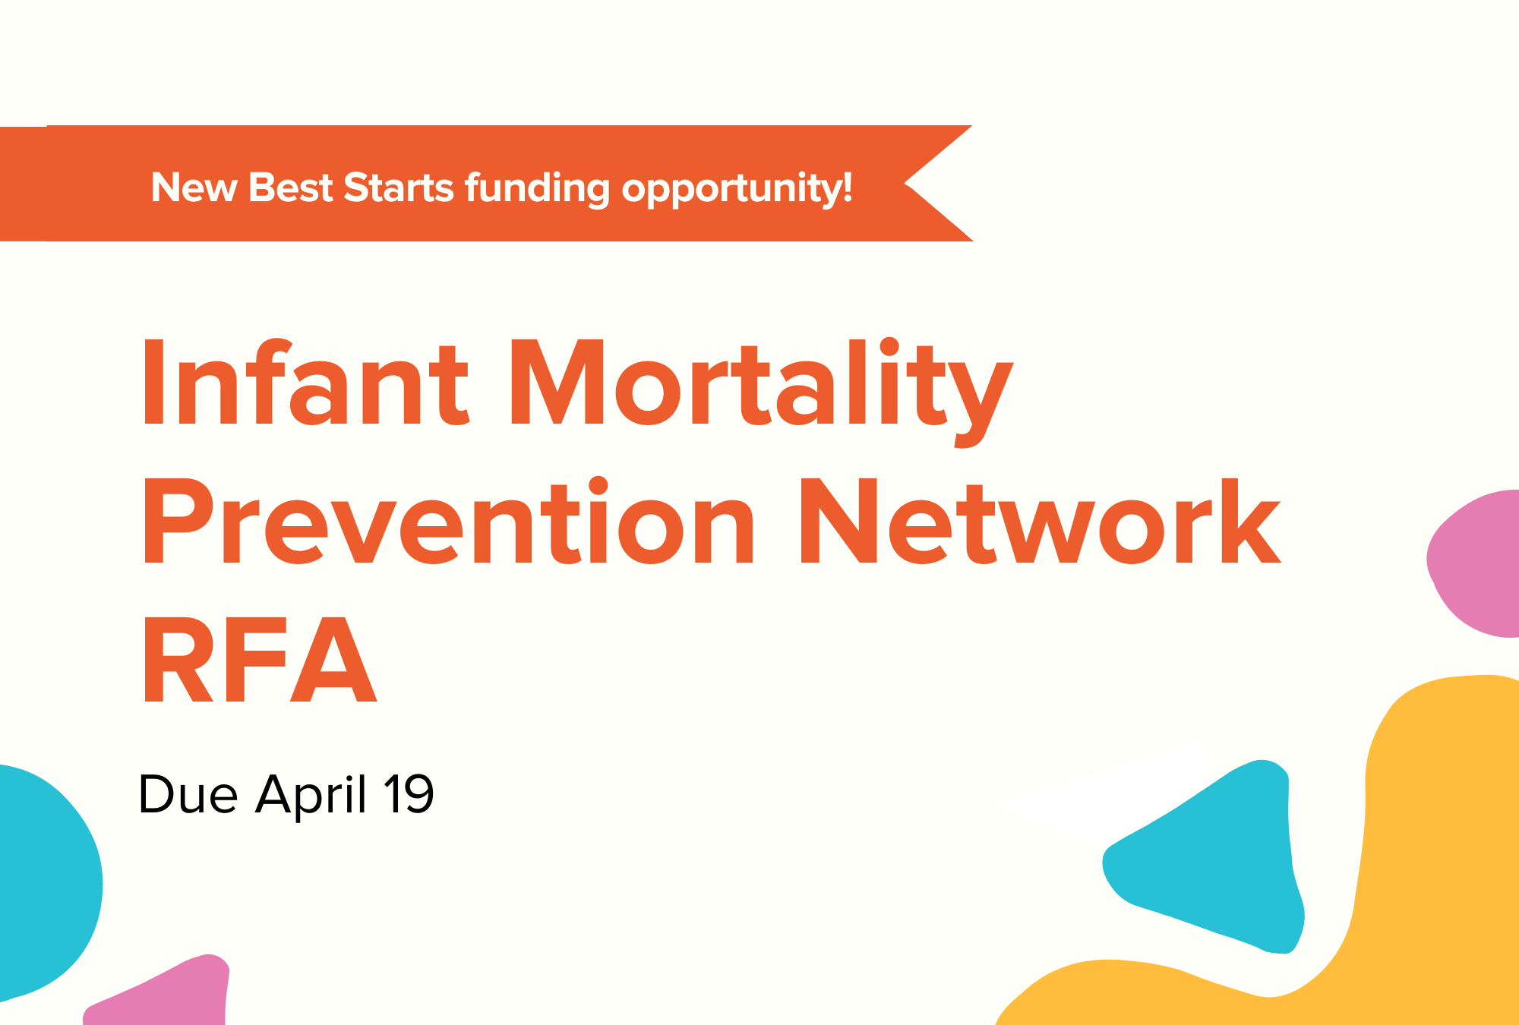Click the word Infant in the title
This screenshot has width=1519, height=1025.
[305, 383]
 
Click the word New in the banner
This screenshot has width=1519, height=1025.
[194, 188]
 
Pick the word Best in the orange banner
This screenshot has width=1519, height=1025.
[291, 188]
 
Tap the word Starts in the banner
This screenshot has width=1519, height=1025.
[399, 188]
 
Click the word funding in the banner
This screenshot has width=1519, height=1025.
[537, 189]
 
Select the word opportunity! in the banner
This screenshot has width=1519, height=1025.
[737, 190]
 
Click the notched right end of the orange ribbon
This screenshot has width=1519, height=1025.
[905, 183]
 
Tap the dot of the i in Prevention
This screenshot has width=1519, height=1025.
[598, 487]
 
